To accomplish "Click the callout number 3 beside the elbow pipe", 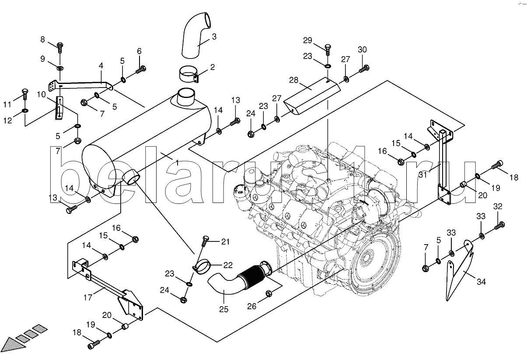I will [214, 37].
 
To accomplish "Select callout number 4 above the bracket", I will [101, 66].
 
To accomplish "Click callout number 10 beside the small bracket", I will [41, 94].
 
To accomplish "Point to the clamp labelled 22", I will [202, 266].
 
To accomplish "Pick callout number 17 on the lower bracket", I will [88, 297].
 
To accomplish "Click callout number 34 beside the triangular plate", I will [481, 282].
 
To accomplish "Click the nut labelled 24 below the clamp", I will [184, 300].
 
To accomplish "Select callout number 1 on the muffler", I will [177, 162].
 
